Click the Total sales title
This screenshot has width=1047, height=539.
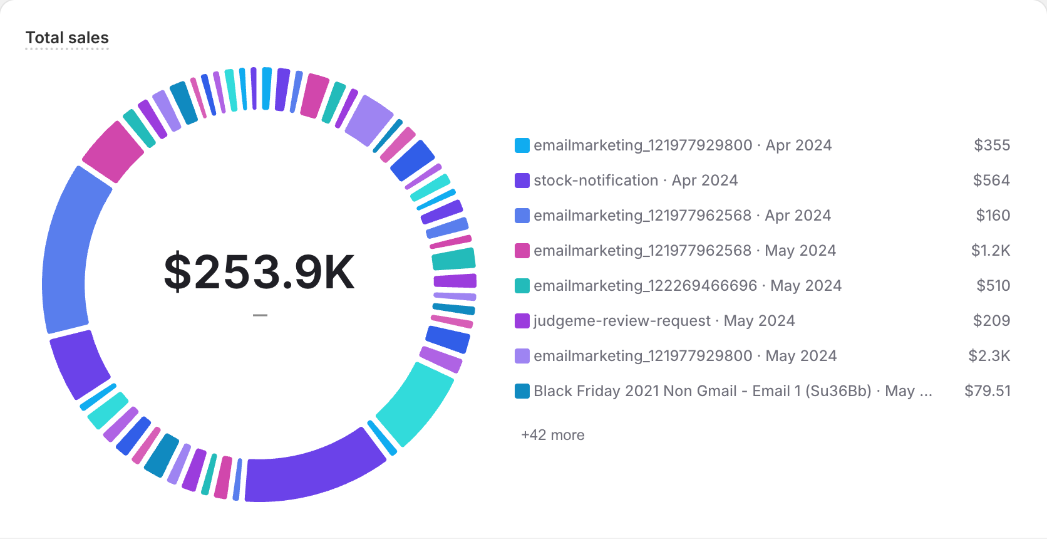point(67,38)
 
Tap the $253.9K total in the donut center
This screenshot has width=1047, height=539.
point(259,272)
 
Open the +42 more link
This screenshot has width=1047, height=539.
point(552,435)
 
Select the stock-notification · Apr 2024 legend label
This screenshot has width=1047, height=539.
point(635,181)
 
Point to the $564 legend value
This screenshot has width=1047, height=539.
point(991,181)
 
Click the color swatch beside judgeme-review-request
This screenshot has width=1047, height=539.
point(522,321)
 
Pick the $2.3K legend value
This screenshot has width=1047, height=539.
point(989,356)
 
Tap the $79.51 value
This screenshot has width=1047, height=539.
point(988,391)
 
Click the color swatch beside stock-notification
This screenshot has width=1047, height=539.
point(522,181)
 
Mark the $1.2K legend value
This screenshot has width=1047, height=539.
point(990,251)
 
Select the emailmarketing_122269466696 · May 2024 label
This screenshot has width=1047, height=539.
point(687,286)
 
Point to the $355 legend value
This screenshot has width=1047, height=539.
point(992,145)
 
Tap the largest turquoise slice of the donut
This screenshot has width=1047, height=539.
point(416,401)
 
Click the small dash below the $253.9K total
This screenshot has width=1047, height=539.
point(260,315)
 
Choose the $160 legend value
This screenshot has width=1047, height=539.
point(993,216)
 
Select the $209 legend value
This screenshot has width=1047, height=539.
point(991,321)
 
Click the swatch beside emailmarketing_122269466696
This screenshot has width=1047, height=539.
point(522,286)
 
